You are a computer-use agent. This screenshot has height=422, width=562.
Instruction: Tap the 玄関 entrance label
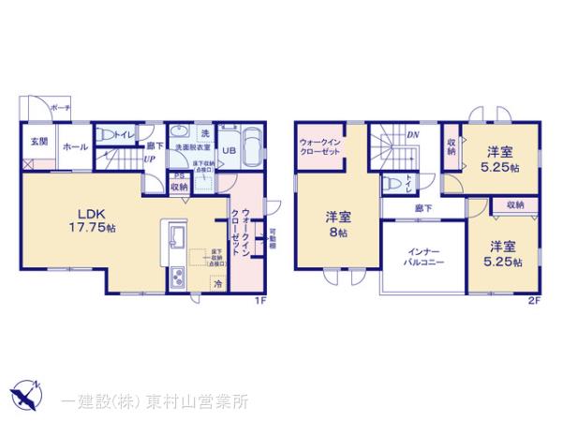[x=38, y=142]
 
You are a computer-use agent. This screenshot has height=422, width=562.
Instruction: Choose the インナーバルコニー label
[x=424, y=258]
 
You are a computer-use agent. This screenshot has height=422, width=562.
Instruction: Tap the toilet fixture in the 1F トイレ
[x=107, y=133]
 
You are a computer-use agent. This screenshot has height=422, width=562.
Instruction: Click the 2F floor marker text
[x=534, y=301]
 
